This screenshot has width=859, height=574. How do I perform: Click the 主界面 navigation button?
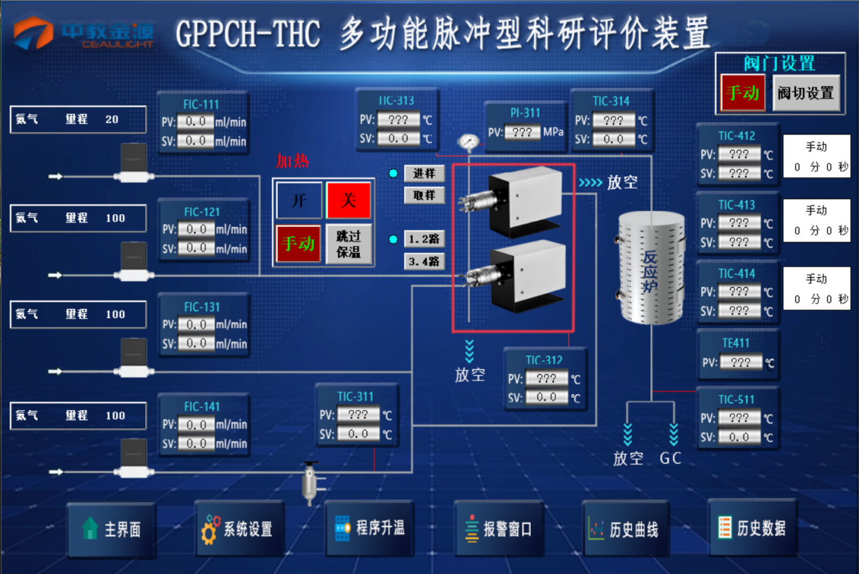pos(111,529)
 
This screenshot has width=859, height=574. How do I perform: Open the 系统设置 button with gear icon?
pos(239,529)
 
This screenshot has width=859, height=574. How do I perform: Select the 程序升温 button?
pos(369,528)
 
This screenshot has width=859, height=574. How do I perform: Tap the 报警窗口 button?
pos(498,529)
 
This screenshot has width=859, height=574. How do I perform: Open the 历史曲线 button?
pos(625,529)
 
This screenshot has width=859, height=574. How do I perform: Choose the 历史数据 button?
pos(752,528)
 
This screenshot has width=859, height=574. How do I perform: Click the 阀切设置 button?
pos(805,93)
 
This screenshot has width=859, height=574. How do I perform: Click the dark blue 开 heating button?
pos(298,201)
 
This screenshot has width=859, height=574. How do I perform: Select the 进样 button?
pos(424,173)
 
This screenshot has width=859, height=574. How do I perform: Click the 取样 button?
pos(424,195)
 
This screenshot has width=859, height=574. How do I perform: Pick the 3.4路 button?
pos(424,261)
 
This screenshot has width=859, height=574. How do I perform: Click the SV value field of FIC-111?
pos(196,141)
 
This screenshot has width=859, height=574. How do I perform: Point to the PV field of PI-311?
pos(522,132)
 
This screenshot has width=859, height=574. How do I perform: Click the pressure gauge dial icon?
pos(467,142)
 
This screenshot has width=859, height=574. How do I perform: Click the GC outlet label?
pos(671,459)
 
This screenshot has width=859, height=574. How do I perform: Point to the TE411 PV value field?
pos(740,363)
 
